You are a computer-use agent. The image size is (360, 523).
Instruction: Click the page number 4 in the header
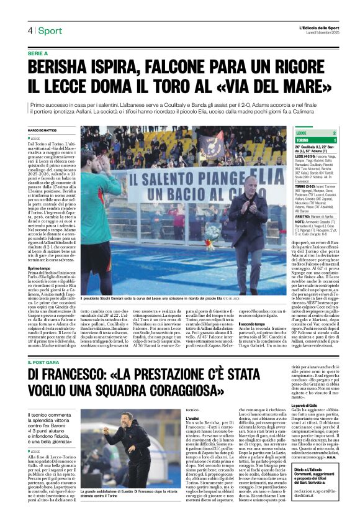point(29,30)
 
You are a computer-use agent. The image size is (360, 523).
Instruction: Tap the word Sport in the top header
point(50,30)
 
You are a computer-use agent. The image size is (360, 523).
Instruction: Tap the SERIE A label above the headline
point(38,53)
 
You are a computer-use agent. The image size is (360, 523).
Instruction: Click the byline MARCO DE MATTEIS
point(43,130)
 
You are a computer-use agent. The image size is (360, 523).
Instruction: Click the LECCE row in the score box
point(317,133)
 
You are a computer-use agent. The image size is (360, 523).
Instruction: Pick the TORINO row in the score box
point(317,140)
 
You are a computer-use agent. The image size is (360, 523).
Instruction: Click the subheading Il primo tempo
point(38,268)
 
